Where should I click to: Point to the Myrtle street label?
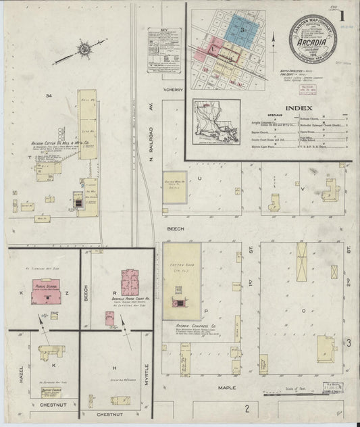pos(144,366)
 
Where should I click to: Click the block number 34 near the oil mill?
pos(48,97)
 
